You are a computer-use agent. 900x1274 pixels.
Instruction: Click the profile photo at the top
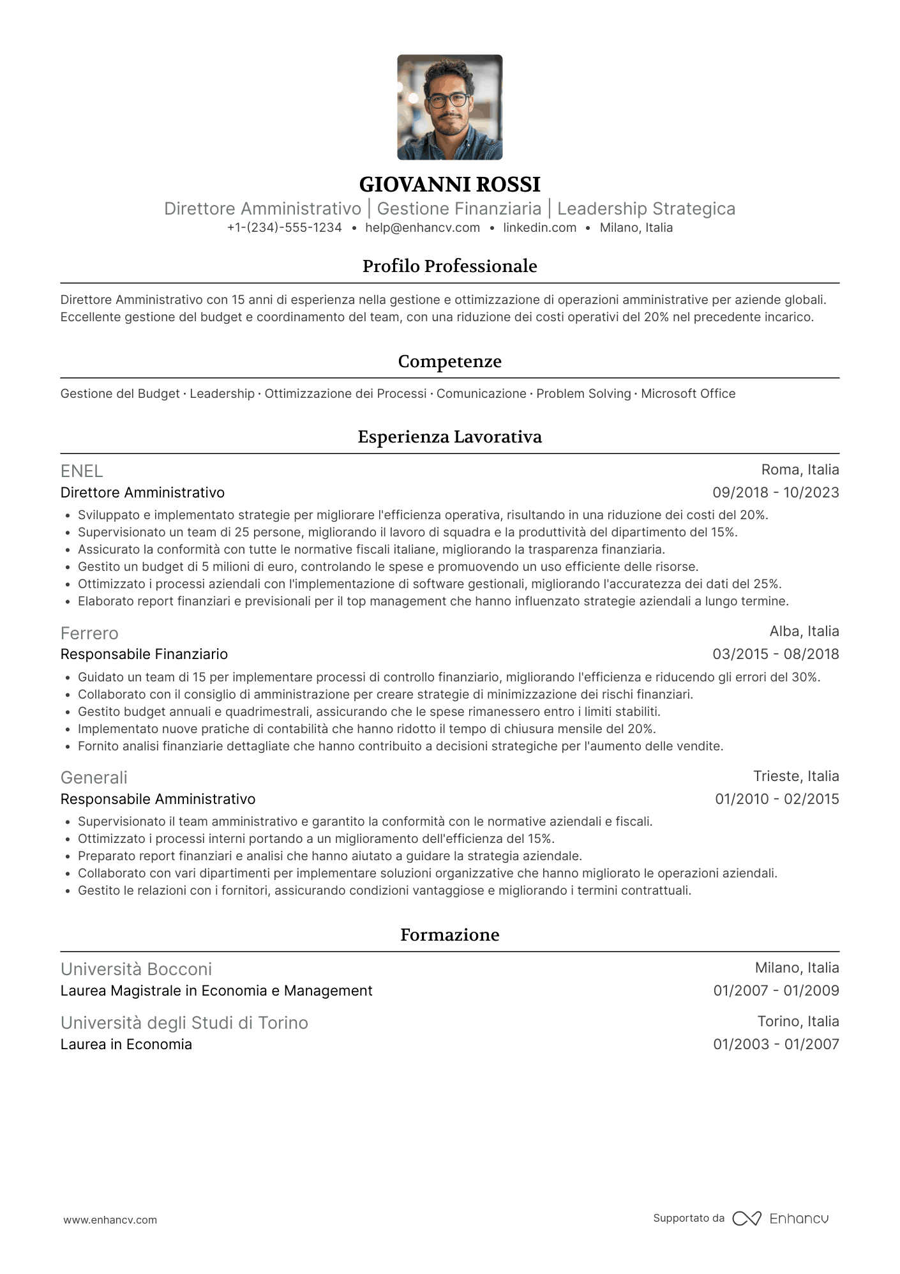click(449, 107)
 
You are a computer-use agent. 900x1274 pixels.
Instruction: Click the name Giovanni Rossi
click(449, 185)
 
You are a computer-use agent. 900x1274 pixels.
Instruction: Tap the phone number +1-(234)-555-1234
click(284, 228)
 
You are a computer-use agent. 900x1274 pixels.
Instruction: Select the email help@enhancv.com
click(422, 228)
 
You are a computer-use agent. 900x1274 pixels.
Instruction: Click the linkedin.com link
click(539, 228)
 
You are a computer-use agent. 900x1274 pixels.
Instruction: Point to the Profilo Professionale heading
click(449, 266)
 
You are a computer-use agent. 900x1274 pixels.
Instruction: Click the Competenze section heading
click(449, 361)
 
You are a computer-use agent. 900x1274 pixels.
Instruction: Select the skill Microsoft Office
click(688, 394)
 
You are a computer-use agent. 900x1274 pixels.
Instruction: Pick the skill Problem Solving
click(583, 394)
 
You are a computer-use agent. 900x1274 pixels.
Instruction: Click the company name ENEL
click(82, 471)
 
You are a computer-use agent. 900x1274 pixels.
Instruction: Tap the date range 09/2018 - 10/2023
click(776, 493)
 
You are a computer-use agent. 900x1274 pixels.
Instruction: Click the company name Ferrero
click(89, 633)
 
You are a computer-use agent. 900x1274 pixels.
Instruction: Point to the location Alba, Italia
click(804, 632)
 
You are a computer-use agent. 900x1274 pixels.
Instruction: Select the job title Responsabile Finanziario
click(144, 655)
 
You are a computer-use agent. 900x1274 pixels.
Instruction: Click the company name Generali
click(94, 778)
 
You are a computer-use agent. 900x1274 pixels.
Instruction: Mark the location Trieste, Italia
click(796, 777)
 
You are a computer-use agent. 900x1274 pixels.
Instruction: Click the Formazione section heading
click(449, 935)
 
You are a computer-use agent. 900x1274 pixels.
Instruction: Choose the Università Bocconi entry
click(136, 969)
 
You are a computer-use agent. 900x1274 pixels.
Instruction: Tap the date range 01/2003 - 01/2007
click(776, 1045)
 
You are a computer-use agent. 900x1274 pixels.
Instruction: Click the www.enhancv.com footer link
click(110, 1220)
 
